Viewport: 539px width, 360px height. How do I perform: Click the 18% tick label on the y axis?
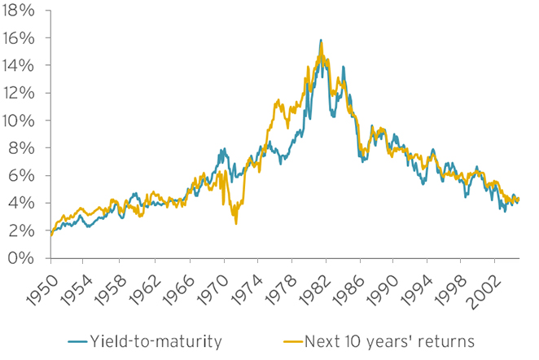pyautogui.click(x=20, y=11)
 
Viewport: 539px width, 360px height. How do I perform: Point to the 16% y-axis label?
pyautogui.click(x=20, y=38)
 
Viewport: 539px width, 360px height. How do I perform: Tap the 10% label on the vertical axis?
pyautogui.click(x=20, y=121)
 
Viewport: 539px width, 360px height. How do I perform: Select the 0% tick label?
pyautogui.click(x=24, y=258)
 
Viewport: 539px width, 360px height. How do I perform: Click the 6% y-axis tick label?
pyautogui.click(x=24, y=176)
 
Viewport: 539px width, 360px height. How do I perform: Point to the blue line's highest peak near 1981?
pyautogui.click(x=321, y=40)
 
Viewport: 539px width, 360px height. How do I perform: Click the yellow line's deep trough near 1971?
pyautogui.click(x=236, y=222)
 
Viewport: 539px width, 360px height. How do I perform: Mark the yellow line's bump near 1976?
pyautogui.click(x=279, y=102)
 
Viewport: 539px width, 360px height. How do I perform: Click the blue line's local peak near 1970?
pyautogui.click(x=222, y=150)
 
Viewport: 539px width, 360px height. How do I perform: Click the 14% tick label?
pyautogui.click(x=20, y=66)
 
